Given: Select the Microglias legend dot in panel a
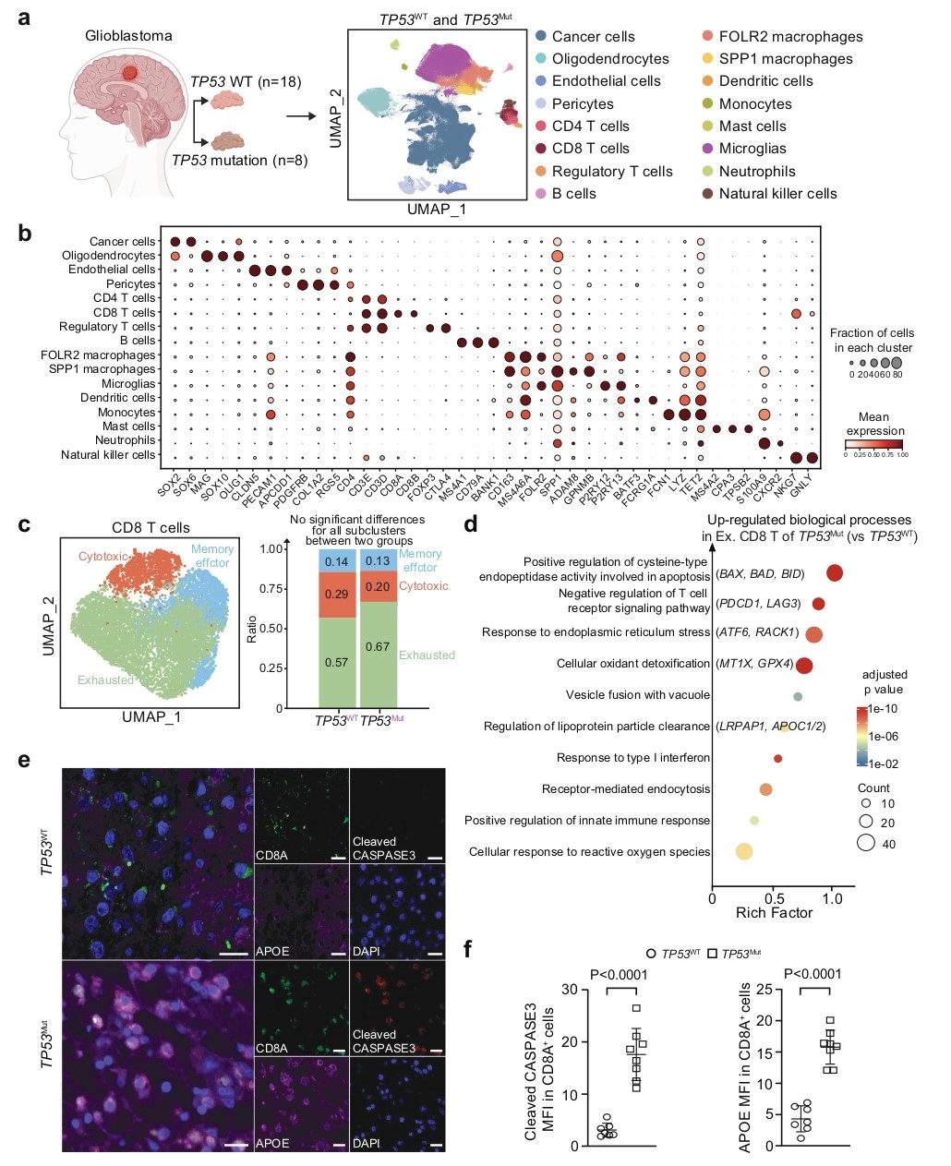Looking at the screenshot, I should point(707,149).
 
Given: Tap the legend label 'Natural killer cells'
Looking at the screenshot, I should point(777,194).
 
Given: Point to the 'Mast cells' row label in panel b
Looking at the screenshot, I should point(128,427).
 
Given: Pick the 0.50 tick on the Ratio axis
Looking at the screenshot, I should point(271,629).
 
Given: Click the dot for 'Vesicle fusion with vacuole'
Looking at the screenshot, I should point(798,696).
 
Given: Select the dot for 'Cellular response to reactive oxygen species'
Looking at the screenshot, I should point(743,851).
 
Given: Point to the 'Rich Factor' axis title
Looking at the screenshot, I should point(774,913).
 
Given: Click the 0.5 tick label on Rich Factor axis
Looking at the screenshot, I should point(773,898).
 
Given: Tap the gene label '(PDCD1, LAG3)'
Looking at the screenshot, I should point(757,604).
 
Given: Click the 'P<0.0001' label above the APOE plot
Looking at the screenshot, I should point(813,974).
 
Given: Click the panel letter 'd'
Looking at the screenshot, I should point(470,525).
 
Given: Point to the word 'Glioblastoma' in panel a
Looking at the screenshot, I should point(128,36).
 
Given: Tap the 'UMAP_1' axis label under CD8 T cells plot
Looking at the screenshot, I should point(151,717).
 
